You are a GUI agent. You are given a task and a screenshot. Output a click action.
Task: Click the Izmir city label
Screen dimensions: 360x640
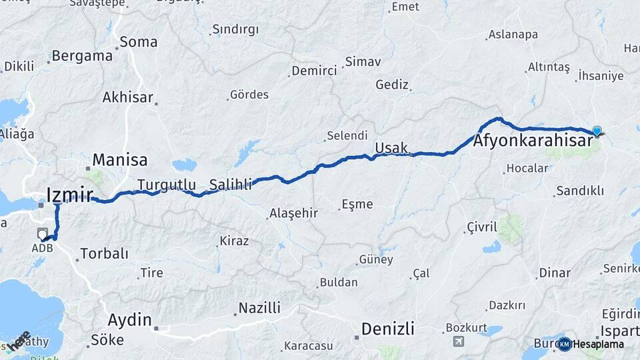[69, 195]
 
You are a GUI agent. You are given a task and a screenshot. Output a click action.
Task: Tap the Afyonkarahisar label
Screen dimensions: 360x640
[533, 141]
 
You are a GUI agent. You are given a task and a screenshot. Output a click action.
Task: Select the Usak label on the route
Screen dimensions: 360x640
[391, 147]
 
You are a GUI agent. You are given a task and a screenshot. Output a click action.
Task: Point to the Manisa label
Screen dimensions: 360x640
[120, 160]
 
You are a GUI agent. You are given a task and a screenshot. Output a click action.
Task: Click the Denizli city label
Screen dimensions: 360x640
[387, 328]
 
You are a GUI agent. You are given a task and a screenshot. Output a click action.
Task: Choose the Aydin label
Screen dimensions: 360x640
[129, 319]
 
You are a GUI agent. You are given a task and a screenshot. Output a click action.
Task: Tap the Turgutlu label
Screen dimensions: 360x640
[167, 184]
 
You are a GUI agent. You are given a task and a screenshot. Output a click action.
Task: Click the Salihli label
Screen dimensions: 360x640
[231, 184]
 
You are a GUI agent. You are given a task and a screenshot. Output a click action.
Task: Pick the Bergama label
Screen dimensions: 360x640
[82, 56]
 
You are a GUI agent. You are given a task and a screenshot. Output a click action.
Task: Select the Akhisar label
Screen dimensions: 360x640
[127, 97]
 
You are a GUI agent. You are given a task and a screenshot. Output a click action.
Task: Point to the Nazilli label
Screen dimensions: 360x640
[260, 308]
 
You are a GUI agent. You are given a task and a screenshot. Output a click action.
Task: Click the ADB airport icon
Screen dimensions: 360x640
[43, 233]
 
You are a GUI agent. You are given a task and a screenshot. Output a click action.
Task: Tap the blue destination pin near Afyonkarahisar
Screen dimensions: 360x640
[597, 131]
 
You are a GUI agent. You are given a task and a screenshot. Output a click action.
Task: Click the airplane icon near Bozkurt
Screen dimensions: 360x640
[458, 341]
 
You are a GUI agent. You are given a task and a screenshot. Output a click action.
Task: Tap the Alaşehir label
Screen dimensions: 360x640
[294, 213]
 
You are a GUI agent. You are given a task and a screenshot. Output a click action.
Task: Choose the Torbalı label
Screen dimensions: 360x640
[104, 253]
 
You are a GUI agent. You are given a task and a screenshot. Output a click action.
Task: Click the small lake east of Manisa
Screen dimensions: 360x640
[185, 164]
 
